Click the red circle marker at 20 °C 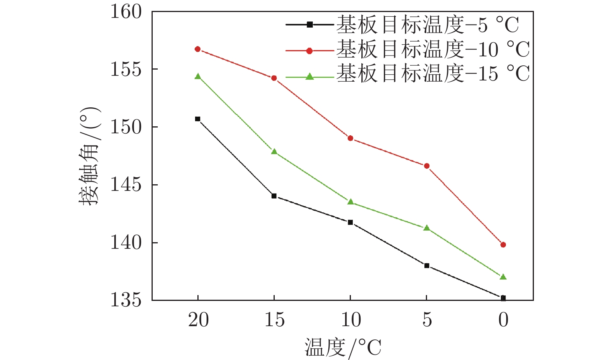click(x=197, y=49)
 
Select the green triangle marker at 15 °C click(x=274, y=152)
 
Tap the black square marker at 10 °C click(x=350, y=222)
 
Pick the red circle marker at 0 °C click(x=503, y=245)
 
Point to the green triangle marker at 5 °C click(x=427, y=228)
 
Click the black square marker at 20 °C click(x=197, y=119)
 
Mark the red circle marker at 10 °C click(x=350, y=138)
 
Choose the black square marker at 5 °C click(x=427, y=266)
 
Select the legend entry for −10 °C click(x=408, y=50)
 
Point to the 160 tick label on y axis click(x=126, y=12)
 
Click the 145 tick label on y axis click(x=126, y=185)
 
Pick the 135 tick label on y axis click(x=126, y=300)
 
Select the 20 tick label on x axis click(x=198, y=320)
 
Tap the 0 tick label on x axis click(x=503, y=320)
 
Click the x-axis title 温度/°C click(x=343, y=347)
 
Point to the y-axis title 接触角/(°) click(x=90, y=156)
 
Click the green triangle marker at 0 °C click(x=503, y=277)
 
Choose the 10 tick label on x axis click(x=351, y=320)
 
